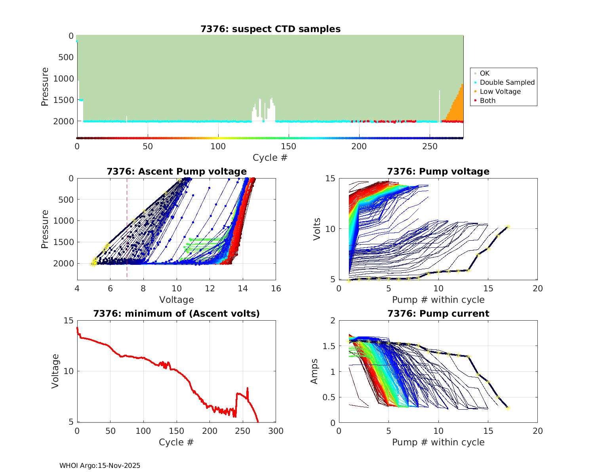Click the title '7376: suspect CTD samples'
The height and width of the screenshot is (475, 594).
[x=270, y=29]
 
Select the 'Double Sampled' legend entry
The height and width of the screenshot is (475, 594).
[x=507, y=82]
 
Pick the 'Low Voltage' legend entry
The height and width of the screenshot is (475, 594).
[x=500, y=91]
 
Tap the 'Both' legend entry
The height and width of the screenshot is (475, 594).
[x=487, y=101]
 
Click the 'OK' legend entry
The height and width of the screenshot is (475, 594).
[x=484, y=73]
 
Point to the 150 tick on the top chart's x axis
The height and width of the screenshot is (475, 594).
[x=289, y=146]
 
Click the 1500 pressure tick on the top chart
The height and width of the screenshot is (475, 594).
[x=66, y=100]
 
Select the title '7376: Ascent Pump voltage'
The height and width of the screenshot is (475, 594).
[x=177, y=171]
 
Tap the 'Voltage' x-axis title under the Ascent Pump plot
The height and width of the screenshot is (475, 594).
[x=177, y=300]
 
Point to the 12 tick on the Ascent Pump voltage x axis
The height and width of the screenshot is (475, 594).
[x=210, y=289]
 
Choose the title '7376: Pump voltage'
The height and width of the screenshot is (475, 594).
[x=438, y=171]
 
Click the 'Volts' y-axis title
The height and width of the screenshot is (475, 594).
[x=317, y=229]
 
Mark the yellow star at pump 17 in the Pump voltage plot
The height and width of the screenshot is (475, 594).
[x=508, y=227]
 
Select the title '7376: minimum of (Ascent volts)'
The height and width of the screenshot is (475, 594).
[x=177, y=313]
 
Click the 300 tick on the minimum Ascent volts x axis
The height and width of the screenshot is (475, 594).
[x=276, y=431]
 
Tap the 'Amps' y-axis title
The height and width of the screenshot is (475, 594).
[x=314, y=371]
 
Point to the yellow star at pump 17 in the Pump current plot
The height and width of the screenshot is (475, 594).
[x=508, y=408]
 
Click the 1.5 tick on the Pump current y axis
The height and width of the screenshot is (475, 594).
[x=329, y=346]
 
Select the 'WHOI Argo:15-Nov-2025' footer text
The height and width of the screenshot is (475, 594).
[x=100, y=465]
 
